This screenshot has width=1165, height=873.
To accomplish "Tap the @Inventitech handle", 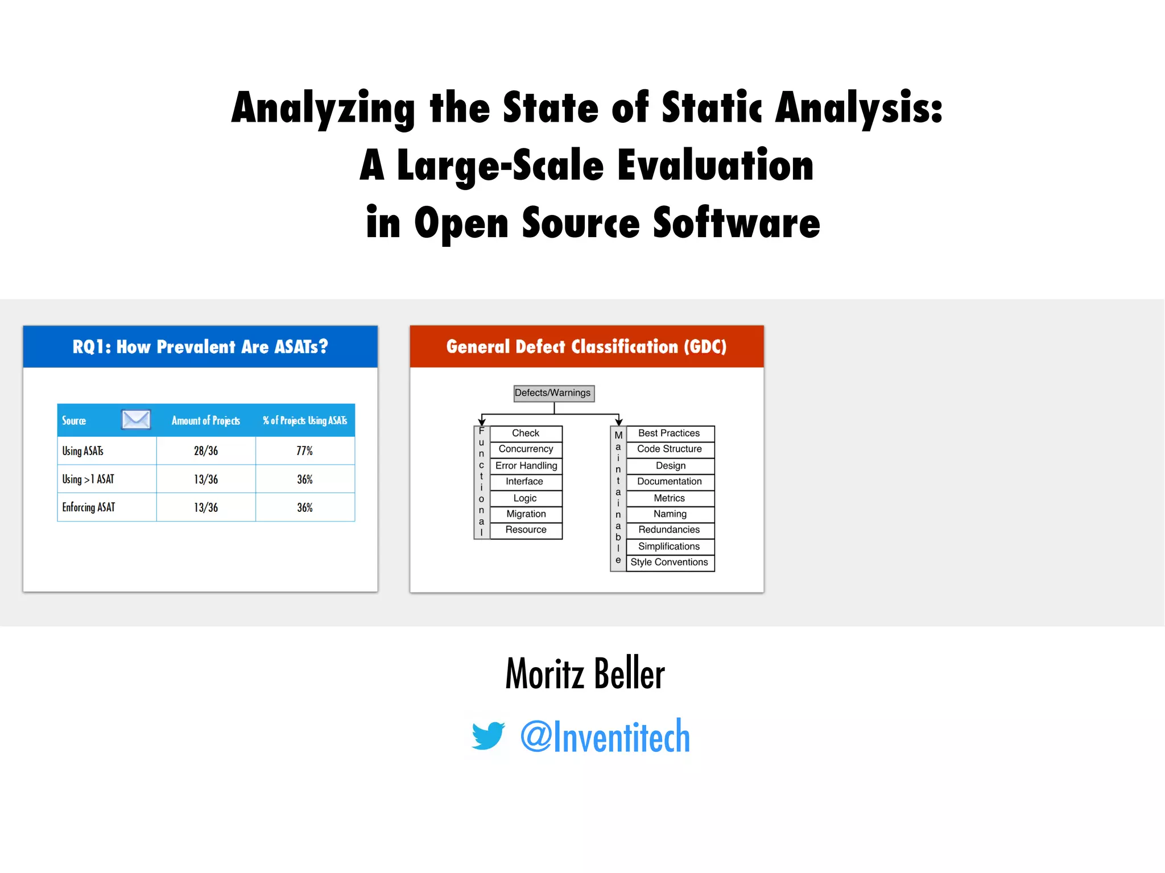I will click(x=605, y=736).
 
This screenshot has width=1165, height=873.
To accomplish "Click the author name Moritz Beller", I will click(x=585, y=673).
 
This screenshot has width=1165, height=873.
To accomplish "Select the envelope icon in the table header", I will click(x=136, y=420).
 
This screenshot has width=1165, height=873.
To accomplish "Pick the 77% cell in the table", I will click(x=304, y=451).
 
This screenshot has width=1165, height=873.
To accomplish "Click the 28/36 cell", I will click(x=205, y=451).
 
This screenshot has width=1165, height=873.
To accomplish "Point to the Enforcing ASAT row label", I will click(x=89, y=507).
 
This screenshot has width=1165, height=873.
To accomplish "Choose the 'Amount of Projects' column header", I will click(x=205, y=421).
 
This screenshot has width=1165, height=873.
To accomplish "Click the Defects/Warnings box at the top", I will click(x=553, y=393).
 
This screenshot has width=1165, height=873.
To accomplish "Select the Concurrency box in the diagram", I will click(x=526, y=449).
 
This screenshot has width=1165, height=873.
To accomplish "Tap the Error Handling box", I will click(x=526, y=466).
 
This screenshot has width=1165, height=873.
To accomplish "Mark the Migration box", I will click(x=526, y=514).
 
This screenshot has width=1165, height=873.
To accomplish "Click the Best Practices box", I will click(x=669, y=433).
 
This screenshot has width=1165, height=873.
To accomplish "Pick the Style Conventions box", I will click(x=669, y=562).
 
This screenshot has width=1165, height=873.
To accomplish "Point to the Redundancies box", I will click(x=669, y=530).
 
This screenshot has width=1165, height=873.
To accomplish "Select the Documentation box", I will click(x=669, y=482).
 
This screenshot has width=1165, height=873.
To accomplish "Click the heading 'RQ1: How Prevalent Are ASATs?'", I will click(x=200, y=347).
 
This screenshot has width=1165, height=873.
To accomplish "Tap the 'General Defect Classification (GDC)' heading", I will click(x=586, y=347).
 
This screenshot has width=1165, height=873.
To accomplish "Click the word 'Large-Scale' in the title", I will click(x=500, y=166).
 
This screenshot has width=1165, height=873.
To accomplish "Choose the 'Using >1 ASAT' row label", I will click(x=88, y=479).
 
